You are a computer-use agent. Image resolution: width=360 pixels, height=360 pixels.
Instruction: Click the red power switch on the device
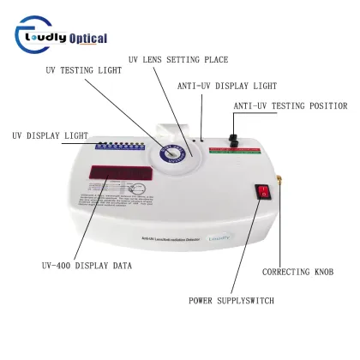265,195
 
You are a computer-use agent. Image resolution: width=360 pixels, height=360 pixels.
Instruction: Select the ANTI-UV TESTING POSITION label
291,106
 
